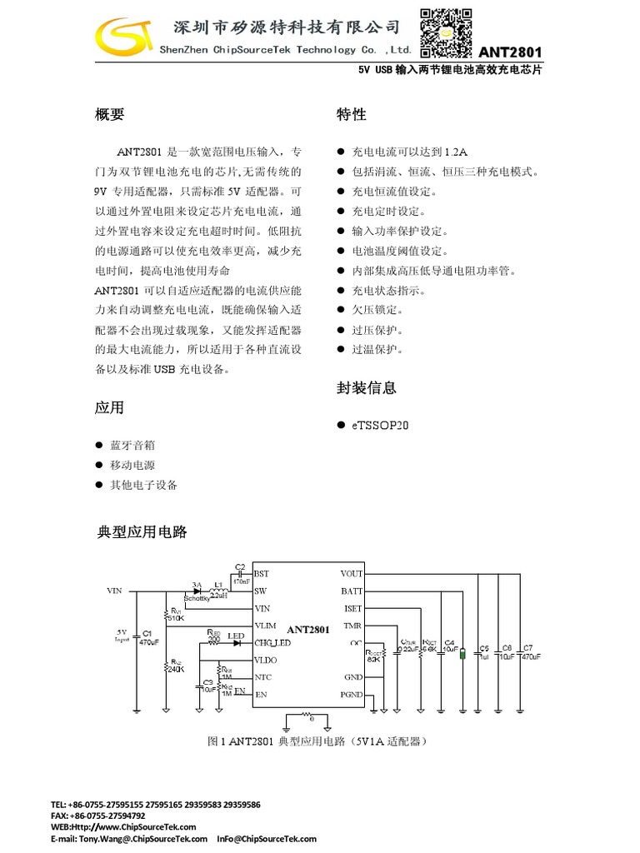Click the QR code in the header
coord(445,32)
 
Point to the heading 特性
coord(351,115)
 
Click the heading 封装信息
coord(366,387)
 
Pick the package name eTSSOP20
coord(380,425)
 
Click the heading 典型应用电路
coord(142,531)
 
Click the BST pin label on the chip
coord(262,574)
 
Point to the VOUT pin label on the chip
coord(352,574)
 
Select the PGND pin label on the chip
coord(352,695)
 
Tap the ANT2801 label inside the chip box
coord(307,630)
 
